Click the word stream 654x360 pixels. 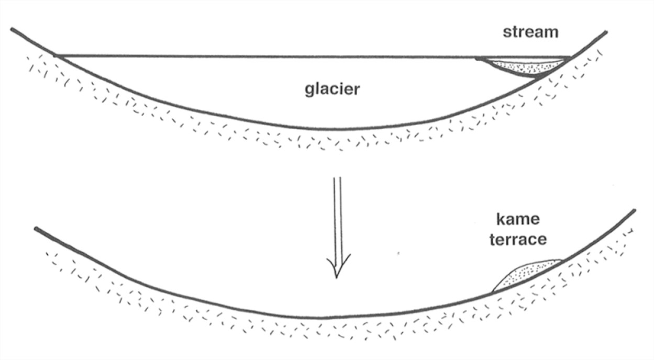pyautogui.click(x=530, y=32)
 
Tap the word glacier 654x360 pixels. pyautogui.click(x=332, y=89)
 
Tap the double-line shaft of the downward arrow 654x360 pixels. pyautogui.click(x=338, y=215)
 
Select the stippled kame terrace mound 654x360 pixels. pyautogui.click(x=526, y=273)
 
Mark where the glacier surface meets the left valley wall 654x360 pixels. pyautogui.click(x=57, y=55)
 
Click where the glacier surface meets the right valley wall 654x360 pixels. pyautogui.click(x=571, y=57)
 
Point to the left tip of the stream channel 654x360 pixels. pyautogui.click(x=476, y=59)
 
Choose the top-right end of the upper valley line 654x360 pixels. pyautogui.click(x=606, y=32)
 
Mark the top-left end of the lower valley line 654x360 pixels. pyautogui.click(x=36, y=229)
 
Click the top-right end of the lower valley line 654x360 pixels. pyautogui.click(x=634, y=210)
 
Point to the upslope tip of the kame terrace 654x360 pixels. pyautogui.click(x=562, y=260)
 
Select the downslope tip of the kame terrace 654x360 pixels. pyautogui.click(x=492, y=291)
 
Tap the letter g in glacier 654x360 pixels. pyautogui.click(x=309, y=90)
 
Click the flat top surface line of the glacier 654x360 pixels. pyautogui.click(x=262, y=55)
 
